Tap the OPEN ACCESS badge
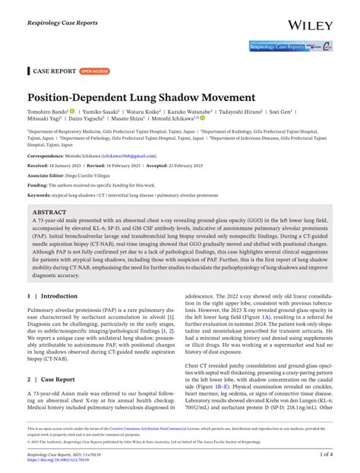click(95, 71)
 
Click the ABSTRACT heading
click(50, 213)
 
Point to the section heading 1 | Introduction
click(52, 295)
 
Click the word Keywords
click(42, 195)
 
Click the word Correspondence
click(46, 155)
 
